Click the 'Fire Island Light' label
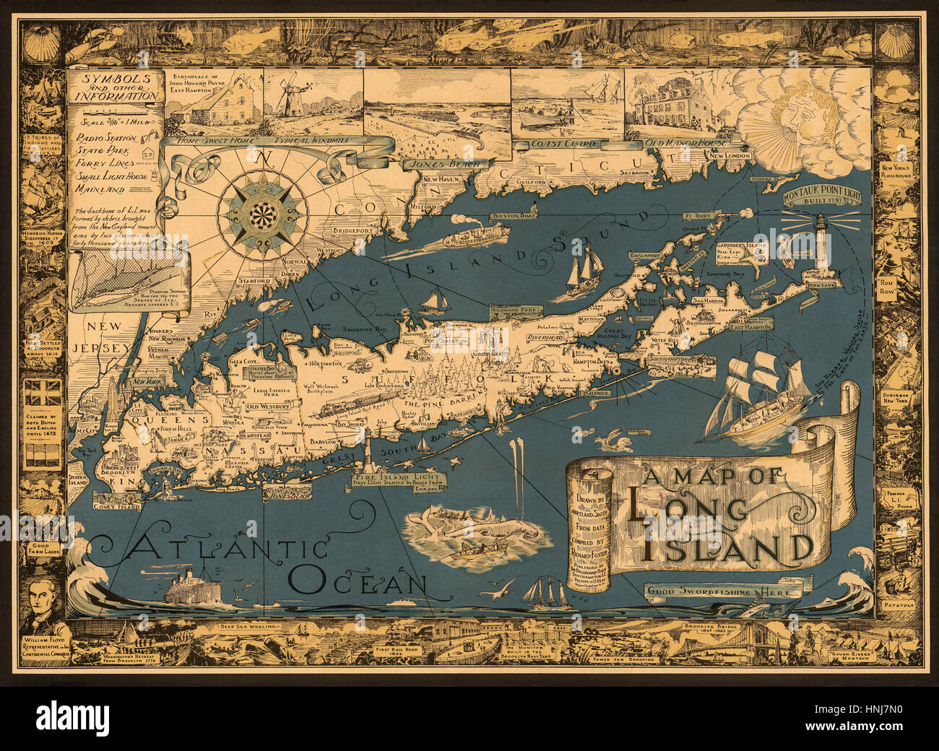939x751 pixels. point(397,478)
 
